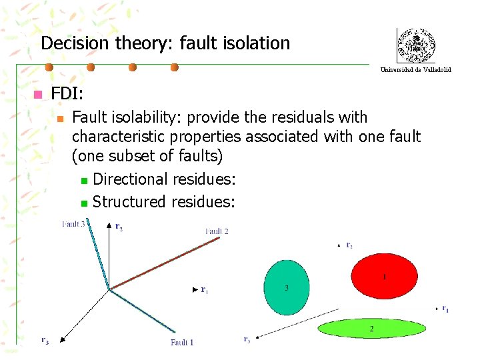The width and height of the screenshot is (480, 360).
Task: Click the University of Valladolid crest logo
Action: click(415, 45)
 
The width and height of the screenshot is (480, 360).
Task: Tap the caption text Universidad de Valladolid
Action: click(415, 69)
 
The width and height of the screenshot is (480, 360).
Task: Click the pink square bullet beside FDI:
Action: click(37, 94)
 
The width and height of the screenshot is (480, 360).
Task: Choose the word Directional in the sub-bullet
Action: click(131, 179)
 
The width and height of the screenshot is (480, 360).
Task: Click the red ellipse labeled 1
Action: click(384, 275)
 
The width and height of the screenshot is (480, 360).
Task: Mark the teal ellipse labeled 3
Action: click(287, 287)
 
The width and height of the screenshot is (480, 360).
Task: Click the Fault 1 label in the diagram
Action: click(181, 343)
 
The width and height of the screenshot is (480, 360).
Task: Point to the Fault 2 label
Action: click(217, 231)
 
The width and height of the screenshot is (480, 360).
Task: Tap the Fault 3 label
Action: click(73, 224)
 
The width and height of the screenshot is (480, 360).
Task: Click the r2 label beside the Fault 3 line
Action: click(119, 227)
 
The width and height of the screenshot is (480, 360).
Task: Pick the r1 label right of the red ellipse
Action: click(445, 309)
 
